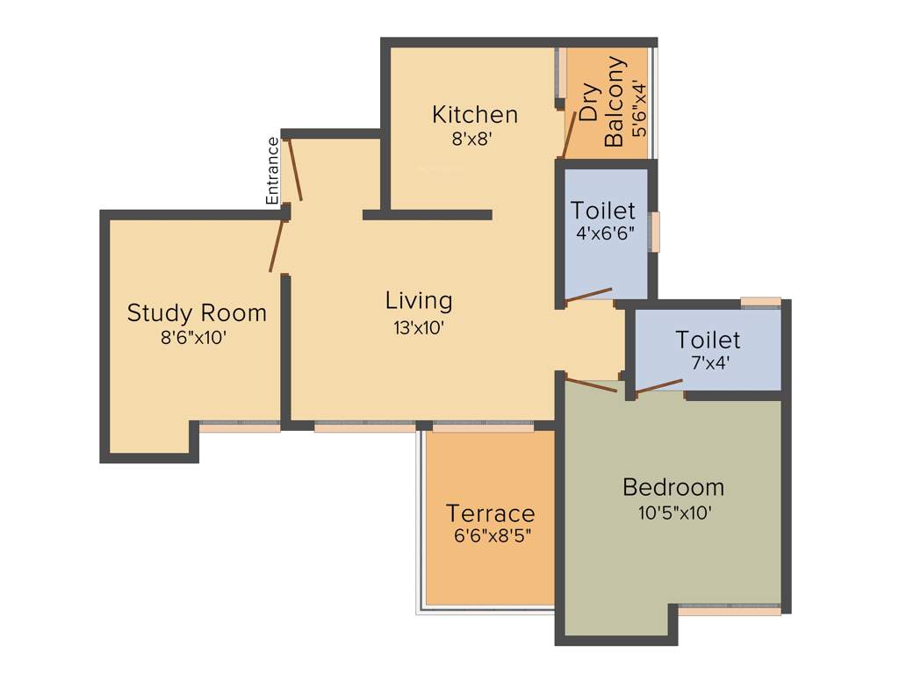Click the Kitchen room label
coord(475,115)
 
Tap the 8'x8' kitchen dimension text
coord(475,138)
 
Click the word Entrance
coord(273,171)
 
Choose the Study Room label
coord(197,313)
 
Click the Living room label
coord(419,301)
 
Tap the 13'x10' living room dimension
coord(419,327)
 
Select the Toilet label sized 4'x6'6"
coord(603,211)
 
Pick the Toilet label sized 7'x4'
coord(708,340)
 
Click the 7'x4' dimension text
coord(708,361)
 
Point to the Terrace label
coord(490,513)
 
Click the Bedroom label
coord(673,487)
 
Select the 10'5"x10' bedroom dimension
coord(673,512)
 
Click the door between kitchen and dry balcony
coord(569,133)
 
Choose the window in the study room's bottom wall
coord(240,427)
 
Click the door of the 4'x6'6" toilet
coord(588,295)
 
